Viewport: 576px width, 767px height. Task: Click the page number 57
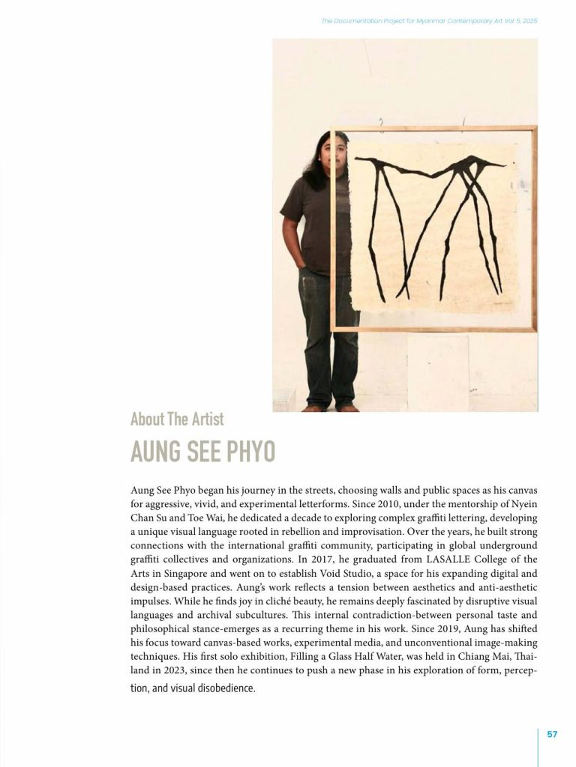click(x=552, y=734)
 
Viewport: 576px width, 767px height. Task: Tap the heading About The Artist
click(x=177, y=419)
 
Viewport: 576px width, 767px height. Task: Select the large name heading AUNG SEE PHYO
click(x=202, y=452)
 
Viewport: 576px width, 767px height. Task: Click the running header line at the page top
click(x=429, y=21)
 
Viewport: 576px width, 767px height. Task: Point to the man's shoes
click(x=330, y=407)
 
